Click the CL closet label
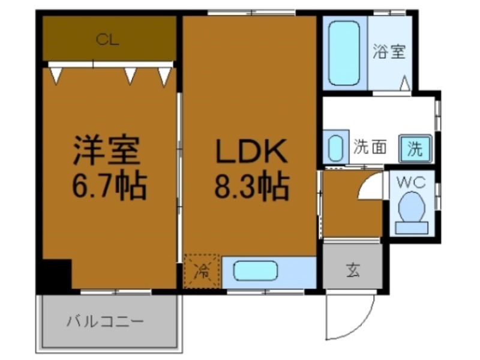[x=108, y=40]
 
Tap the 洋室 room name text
[x=107, y=151]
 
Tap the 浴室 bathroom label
[x=389, y=52]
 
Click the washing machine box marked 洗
[x=415, y=147]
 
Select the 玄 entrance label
[x=352, y=271]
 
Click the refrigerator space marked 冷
[x=203, y=271]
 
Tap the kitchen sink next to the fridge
[x=255, y=272]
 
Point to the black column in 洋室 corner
[x=57, y=274]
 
